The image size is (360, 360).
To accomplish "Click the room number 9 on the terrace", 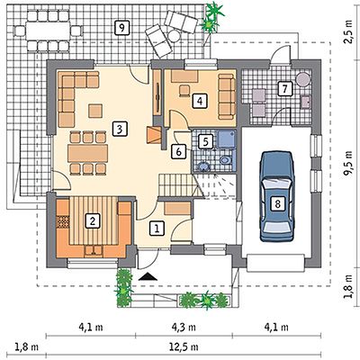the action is (x=121, y=28).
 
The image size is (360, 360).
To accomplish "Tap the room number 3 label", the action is (x=120, y=130).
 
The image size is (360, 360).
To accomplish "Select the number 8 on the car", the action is (x=277, y=204).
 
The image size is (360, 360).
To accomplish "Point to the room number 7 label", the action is (x=284, y=89).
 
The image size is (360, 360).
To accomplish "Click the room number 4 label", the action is (x=200, y=101).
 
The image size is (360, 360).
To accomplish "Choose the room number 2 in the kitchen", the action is (x=93, y=221).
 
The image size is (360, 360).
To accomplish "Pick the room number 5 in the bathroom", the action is (x=205, y=141).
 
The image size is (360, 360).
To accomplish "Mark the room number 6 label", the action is (x=178, y=151).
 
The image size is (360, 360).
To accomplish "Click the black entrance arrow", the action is (x=148, y=276).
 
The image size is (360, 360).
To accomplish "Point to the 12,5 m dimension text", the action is (x=184, y=347).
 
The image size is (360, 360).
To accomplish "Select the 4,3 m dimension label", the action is (x=184, y=327).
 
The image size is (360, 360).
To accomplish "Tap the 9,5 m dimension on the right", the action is (x=348, y=164).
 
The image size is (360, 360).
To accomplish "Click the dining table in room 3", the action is (x=87, y=153).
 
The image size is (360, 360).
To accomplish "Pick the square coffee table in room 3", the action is (x=95, y=111).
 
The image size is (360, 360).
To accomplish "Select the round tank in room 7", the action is (x=302, y=79).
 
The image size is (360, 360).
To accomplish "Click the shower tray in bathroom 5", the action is (x=226, y=139).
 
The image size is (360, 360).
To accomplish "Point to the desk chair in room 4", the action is (x=184, y=91).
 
